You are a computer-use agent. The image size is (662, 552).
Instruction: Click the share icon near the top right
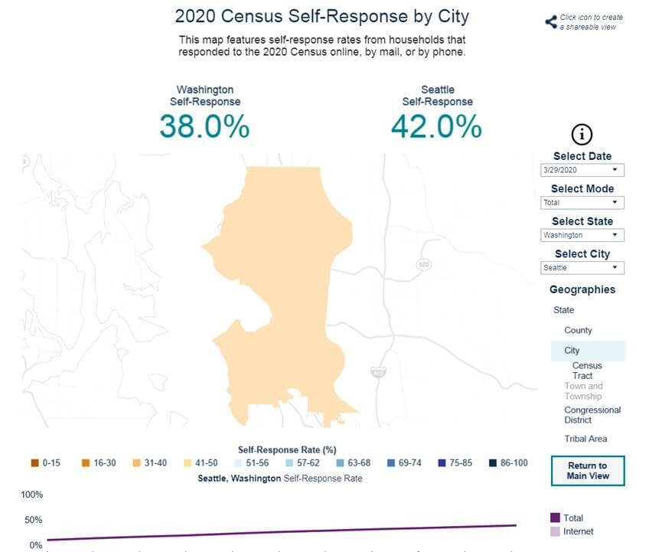(x=550, y=21)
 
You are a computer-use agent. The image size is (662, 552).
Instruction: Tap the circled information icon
(x=582, y=135)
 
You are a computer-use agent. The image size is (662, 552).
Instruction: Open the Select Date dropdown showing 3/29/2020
(x=582, y=170)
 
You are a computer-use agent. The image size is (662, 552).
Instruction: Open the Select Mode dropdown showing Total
(x=582, y=203)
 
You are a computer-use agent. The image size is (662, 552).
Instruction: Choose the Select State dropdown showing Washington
(x=582, y=235)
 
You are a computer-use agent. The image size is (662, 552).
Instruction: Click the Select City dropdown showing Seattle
(x=582, y=268)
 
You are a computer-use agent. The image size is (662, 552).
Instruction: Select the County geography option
(x=578, y=330)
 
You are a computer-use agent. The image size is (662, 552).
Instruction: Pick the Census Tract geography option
(x=587, y=371)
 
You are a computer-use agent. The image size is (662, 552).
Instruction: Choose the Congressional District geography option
(x=592, y=415)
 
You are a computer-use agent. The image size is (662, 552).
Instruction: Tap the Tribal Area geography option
(x=585, y=439)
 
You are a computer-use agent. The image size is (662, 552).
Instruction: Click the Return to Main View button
(x=587, y=471)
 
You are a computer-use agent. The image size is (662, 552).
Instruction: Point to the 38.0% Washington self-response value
(x=204, y=126)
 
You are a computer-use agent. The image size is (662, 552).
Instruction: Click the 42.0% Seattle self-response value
(x=436, y=126)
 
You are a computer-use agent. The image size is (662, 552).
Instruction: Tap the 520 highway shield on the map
(x=423, y=264)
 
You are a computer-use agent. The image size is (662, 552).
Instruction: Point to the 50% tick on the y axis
(x=33, y=521)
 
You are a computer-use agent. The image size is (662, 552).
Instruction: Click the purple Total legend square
(x=555, y=518)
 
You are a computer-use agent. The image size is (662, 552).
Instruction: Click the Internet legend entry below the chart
(x=577, y=531)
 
